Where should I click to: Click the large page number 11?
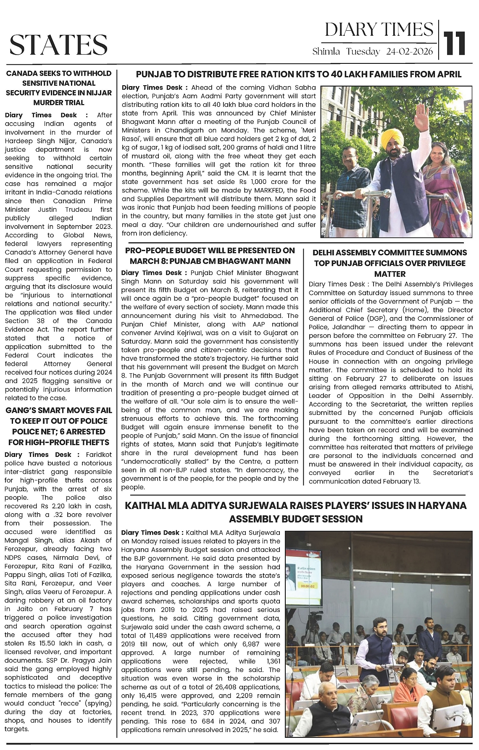click(x=455, y=43)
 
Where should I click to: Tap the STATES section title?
click(x=58, y=45)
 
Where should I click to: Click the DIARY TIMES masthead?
click(x=379, y=30)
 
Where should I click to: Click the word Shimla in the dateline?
click(x=326, y=52)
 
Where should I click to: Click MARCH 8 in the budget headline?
click(x=147, y=261)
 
